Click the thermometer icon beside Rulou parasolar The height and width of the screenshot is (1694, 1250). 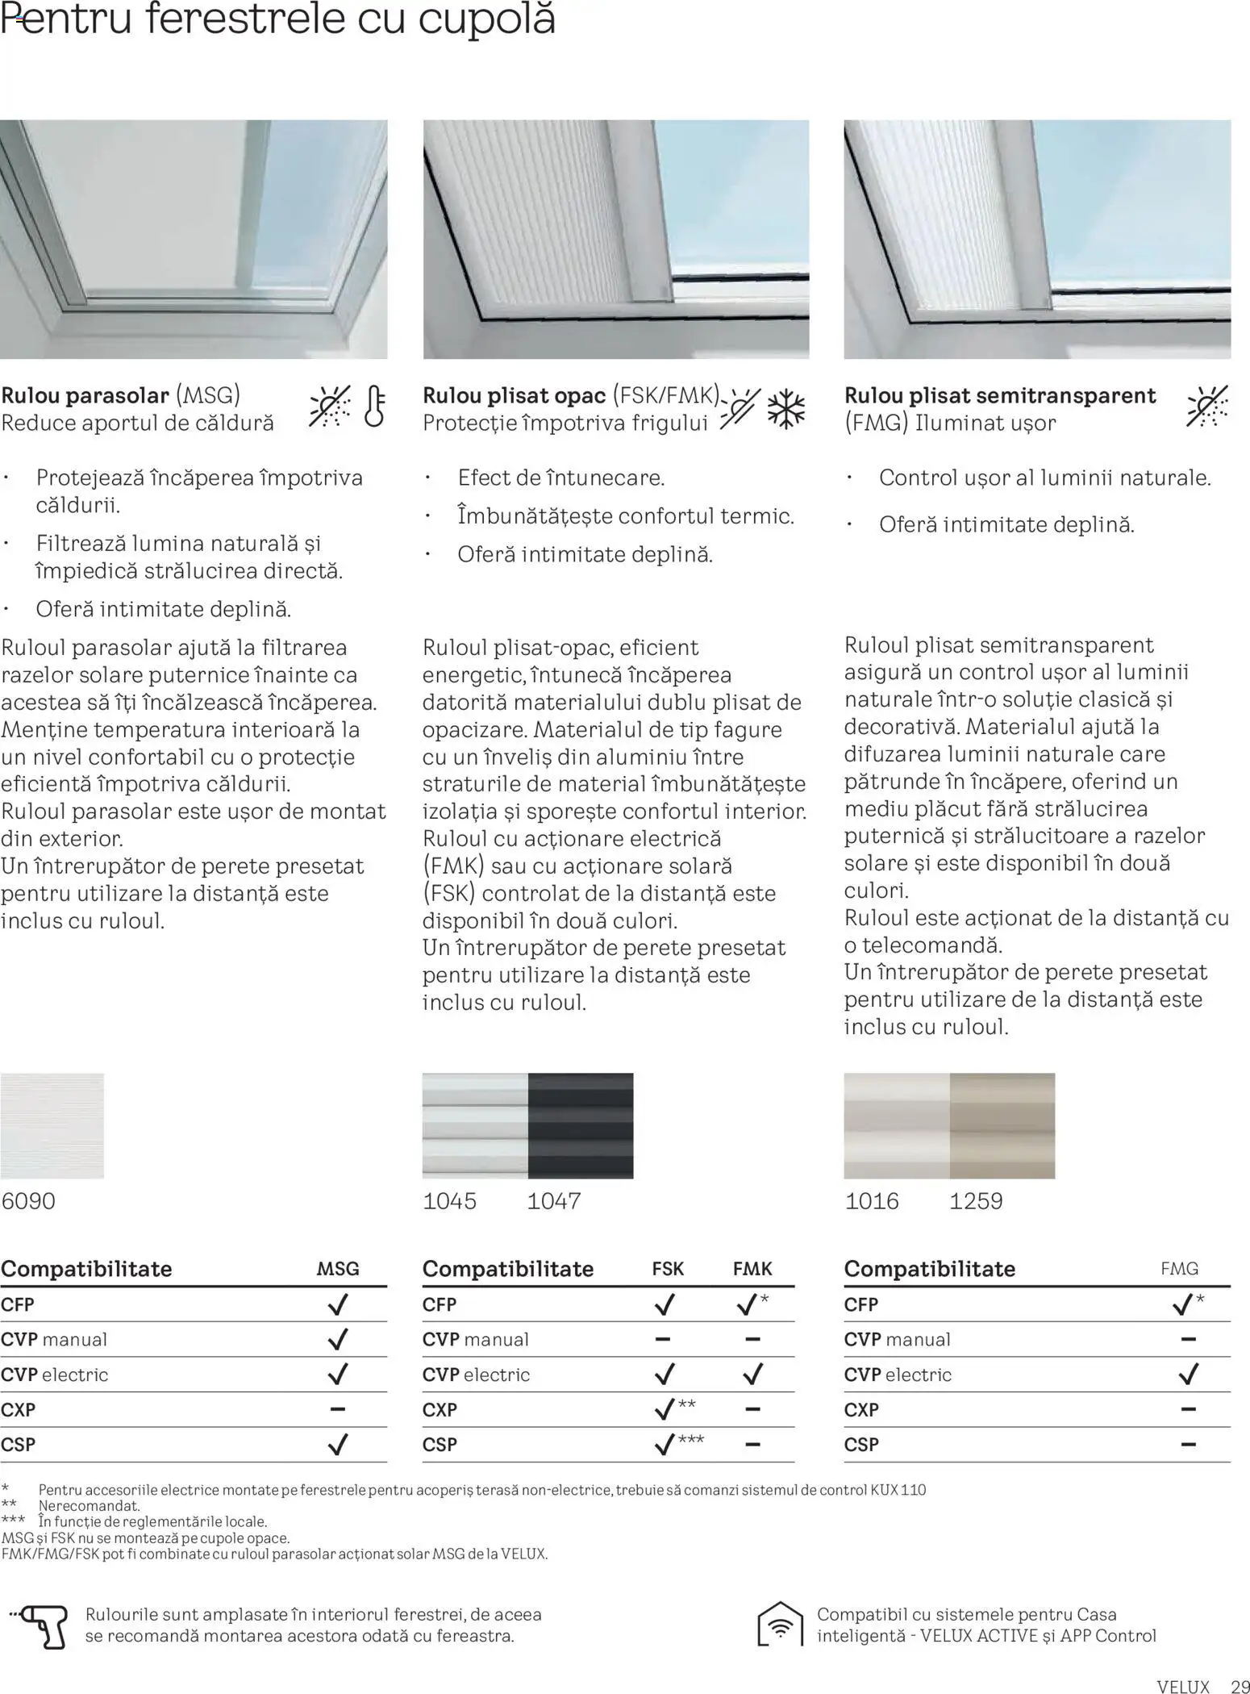pyautogui.click(x=374, y=406)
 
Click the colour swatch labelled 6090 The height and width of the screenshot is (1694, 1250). pyautogui.click(x=52, y=1125)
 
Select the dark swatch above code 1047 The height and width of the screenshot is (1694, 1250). pyautogui.click(x=581, y=1125)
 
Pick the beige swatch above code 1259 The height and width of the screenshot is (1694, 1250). pyautogui.click(x=1002, y=1125)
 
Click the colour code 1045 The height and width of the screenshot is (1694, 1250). pyautogui.click(x=449, y=1201)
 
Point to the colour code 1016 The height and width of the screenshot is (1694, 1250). pyautogui.click(x=871, y=1201)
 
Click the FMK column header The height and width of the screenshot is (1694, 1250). pyautogui.click(x=752, y=1269)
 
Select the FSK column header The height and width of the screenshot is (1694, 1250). pyautogui.click(x=668, y=1269)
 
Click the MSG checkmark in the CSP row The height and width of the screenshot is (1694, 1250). pyautogui.click(x=338, y=1444)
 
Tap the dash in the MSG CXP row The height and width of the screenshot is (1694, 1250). pyautogui.click(x=338, y=1409)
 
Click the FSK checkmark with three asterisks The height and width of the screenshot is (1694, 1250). pyautogui.click(x=665, y=1444)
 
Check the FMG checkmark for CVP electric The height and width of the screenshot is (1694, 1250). pyautogui.click(x=1188, y=1374)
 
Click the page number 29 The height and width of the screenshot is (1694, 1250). pyautogui.click(x=1240, y=1686)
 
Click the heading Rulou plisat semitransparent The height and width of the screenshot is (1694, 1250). pyautogui.click(x=1000, y=395)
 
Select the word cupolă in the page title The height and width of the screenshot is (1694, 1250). pyautogui.click(x=486, y=19)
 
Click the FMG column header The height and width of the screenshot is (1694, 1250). pyautogui.click(x=1179, y=1269)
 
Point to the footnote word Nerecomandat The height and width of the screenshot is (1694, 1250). pyautogui.click(x=89, y=1505)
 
